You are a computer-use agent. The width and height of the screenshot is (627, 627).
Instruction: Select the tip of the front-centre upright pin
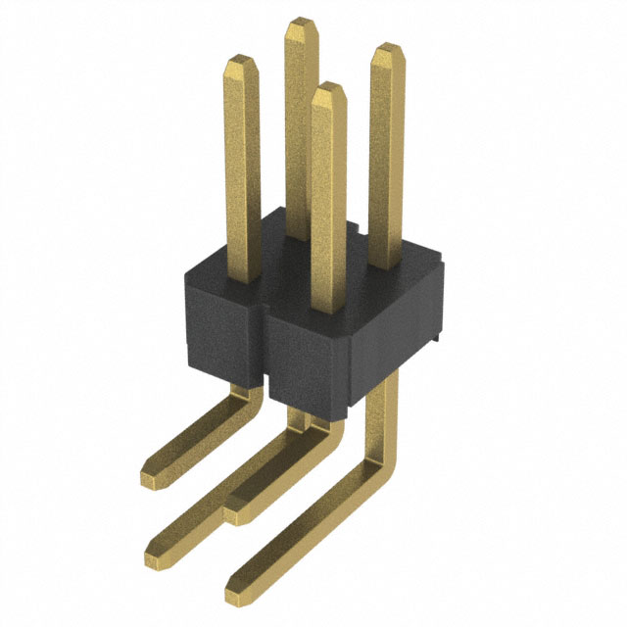(328, 89)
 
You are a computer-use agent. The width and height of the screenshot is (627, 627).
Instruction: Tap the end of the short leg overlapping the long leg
(236, 511)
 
